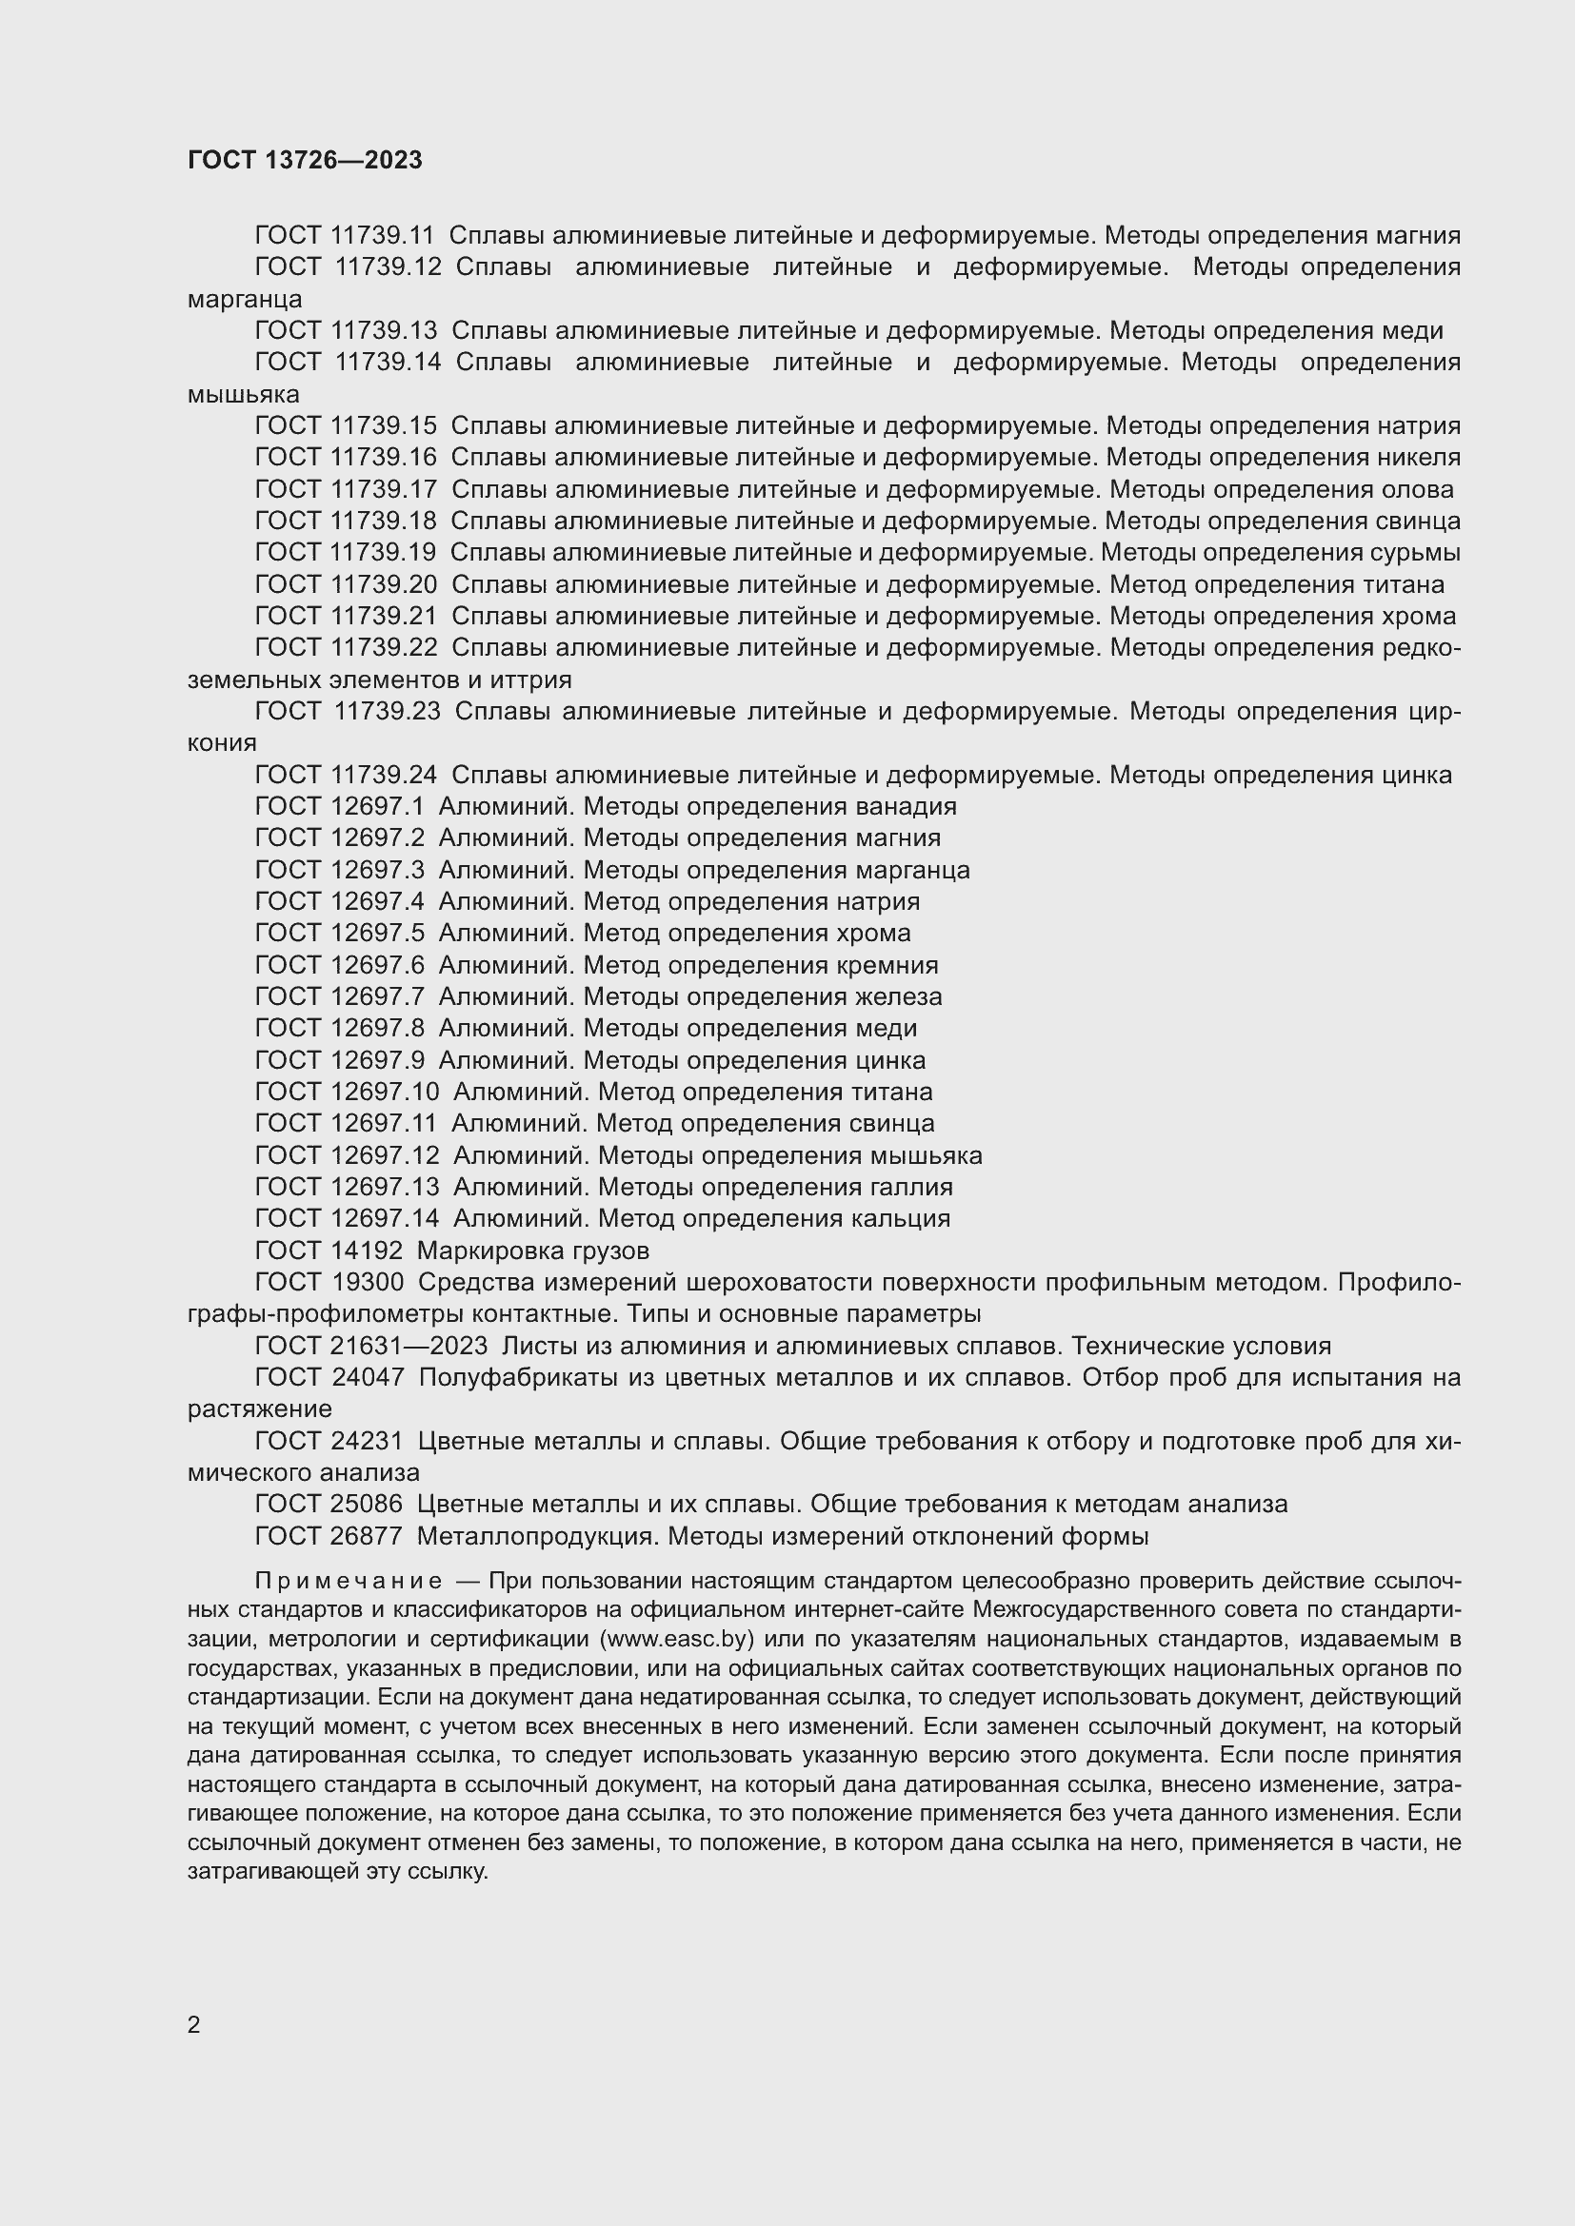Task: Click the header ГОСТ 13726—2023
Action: click(305, 160)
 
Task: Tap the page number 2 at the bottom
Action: click(194, 2024)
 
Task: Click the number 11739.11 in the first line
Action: click(383, 236)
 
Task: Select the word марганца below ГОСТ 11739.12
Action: click(245, 299)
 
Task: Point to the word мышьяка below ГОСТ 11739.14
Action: click(244, 395)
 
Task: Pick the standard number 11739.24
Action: click(383, 775)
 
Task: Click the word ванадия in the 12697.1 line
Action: click(906, 807)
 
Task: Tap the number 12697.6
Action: click(377, 966)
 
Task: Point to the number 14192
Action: click(367, 1251)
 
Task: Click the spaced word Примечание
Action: click(349, 1582)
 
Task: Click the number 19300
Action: click(368, 1283)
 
